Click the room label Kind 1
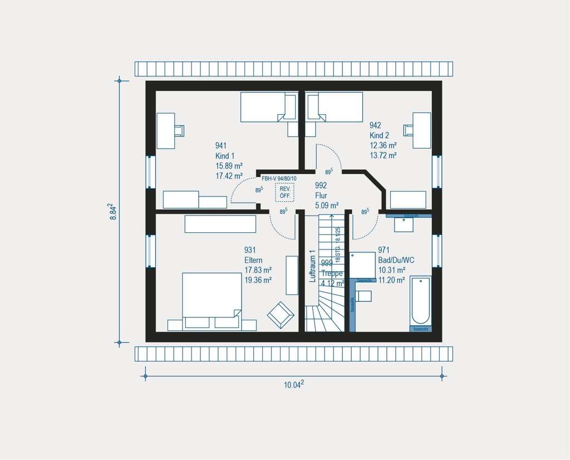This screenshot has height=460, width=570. (x=225, y=156)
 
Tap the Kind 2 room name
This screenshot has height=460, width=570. (x=379, y=135)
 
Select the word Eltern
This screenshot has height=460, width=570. (x=253, y=260)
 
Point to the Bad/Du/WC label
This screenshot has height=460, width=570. (x=396, y=260)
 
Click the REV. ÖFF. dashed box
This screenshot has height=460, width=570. (x=285, y=192)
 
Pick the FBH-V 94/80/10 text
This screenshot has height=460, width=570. (x=279, y=178)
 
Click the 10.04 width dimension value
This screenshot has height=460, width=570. (x=294, y=384)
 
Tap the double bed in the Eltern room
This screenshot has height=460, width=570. (x=212, y=295)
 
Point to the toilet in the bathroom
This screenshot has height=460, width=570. (x=363, y=295)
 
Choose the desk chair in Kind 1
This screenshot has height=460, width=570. (x=179, y=130)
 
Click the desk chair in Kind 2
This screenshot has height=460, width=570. (x=409, y=130)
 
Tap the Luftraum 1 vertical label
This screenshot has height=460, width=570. (x=312, y=266)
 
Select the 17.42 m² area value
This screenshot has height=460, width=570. (x=229, y=176)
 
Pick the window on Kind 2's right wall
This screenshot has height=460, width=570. (x=437, y=171)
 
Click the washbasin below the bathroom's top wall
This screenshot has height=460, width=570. (x=404, y=224)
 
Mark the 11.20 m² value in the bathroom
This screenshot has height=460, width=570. (x=391, y=280)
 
